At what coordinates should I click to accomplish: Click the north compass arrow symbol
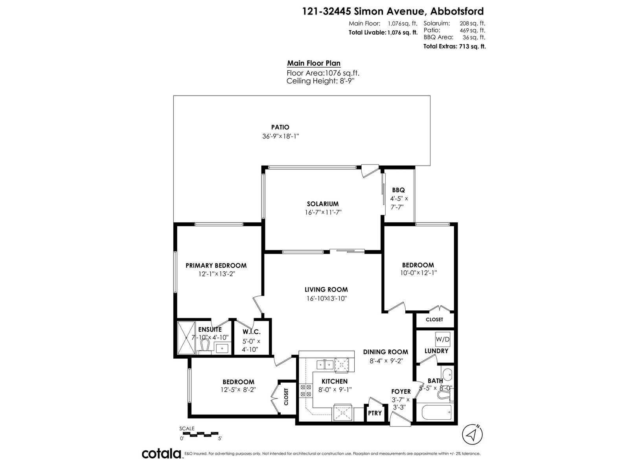click(x=472, y=435)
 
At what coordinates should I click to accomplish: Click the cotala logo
click(x=162, y=454)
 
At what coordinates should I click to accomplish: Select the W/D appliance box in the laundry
click(x=442, y=339)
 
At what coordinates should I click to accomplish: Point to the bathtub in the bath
click(x=436, y=412)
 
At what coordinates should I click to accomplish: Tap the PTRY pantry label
click(x=375, y=413)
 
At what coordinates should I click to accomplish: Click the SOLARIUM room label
click(x=323, y=204)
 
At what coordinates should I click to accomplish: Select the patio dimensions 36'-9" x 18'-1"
click(x=281, y=136)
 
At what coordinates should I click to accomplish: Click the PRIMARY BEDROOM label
click(x=216, y=265)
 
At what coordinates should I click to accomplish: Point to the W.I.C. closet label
click(x=252, y=332)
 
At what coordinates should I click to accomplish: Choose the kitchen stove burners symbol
click(x=305, y=391)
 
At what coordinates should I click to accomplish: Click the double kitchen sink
click(x=325, y=365)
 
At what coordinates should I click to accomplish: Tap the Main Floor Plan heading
click(x=314, y=63)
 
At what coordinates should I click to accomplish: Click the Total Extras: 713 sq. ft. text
click(x=454, y=46)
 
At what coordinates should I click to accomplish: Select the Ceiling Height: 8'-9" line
click(x=320, y=81)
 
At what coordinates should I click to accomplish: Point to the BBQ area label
click(x=398, y=190)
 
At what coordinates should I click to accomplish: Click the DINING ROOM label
click(x=385, y=352)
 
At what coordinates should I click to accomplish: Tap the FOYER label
click(x=401, y=391)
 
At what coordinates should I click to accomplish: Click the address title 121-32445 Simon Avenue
click(x=362, y=11)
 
